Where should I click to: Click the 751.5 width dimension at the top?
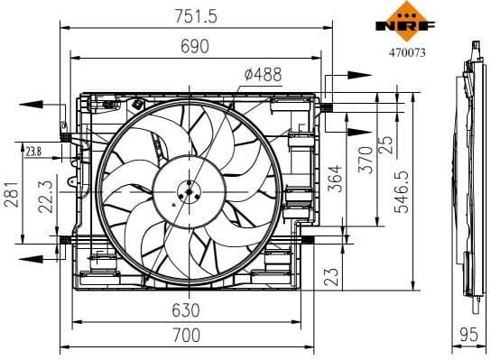coord(192,15)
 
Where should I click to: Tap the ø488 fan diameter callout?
coord(262,77)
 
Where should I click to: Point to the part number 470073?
coord(405,52)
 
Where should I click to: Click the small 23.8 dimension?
coord(33,151)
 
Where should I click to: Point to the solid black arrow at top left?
coord(34,104)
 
